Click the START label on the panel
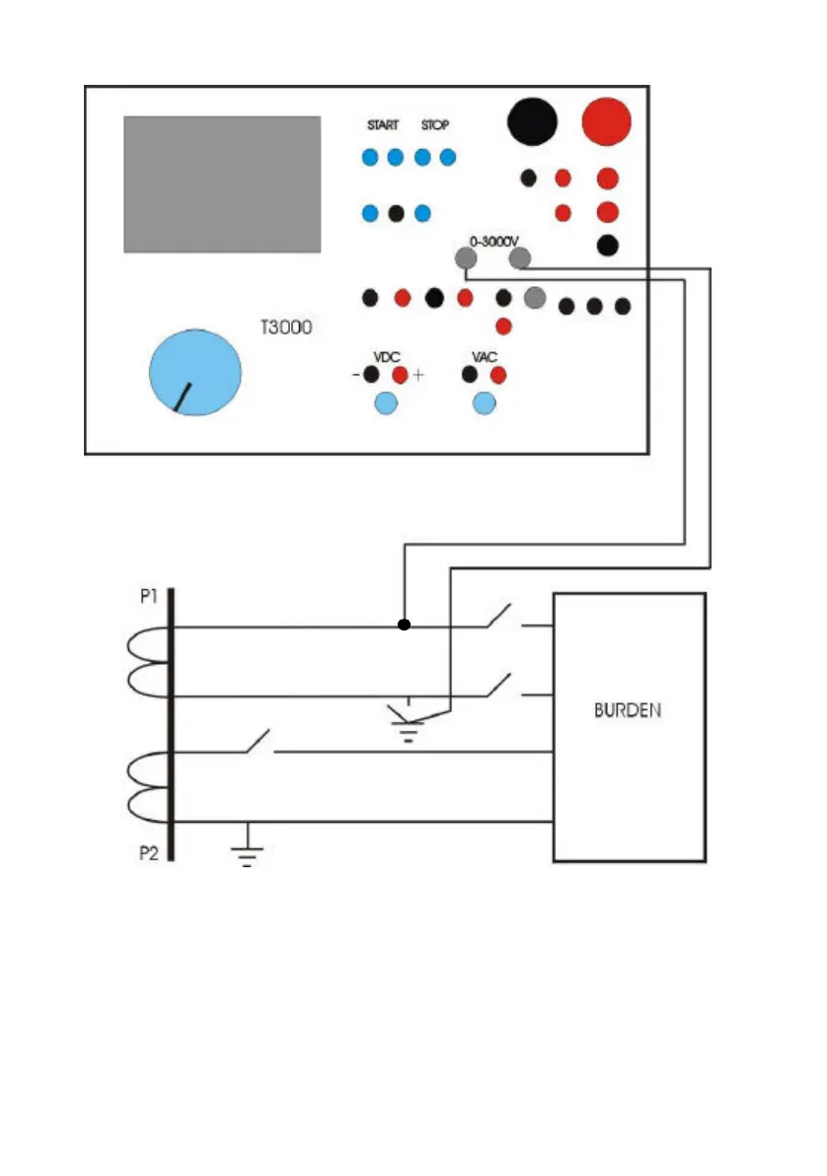383,125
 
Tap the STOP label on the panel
434,125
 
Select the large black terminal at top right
532,121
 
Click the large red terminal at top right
606,121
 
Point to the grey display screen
222,184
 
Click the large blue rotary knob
195,372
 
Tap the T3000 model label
285,327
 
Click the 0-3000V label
494,239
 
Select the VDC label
385,356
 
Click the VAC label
485,356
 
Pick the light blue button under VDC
385,403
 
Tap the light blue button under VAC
484,403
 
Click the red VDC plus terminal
400,375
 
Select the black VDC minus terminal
371,375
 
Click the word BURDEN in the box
628,710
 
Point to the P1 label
147,600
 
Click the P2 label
147,852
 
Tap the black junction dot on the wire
403,625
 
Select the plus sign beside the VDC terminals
418,376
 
